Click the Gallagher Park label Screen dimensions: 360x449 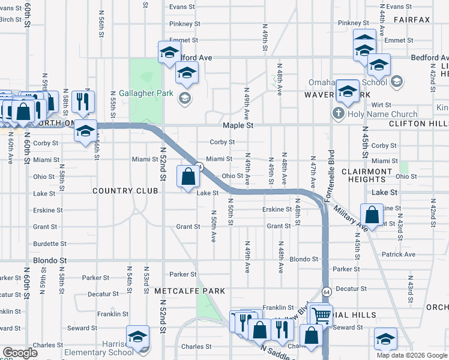(146, 93)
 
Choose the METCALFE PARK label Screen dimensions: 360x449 (181, 291)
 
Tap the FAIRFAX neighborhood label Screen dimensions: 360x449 (412, 20)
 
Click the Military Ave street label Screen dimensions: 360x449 (350, 218)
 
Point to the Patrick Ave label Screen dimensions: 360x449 (398, 254)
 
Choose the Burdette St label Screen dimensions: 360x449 (50, 244)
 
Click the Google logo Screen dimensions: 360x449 (20, 353)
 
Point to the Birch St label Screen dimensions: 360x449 (10, 19)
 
